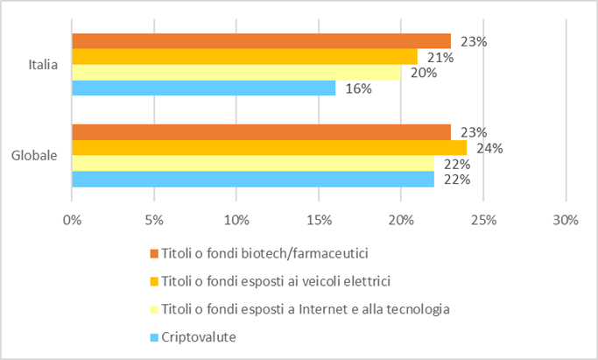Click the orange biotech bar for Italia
tap(261, 41)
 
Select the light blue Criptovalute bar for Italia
tap(203, 88)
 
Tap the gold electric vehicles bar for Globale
tap(269, 148)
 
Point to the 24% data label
tap(489, 148)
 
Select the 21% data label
tap(440, 58)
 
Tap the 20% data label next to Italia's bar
tap(423, 74)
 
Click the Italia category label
tap(43, 64)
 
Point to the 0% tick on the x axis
tap(72, 221)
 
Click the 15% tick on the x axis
tap(318, 221)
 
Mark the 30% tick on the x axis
tap(566, 221)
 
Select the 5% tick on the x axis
tap(154, 221)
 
